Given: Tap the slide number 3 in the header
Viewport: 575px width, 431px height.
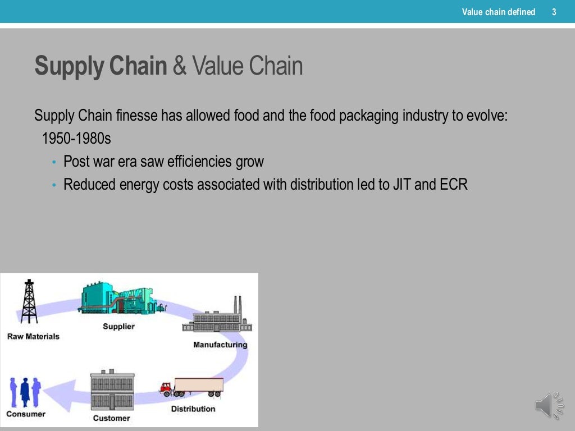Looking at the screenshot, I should [x=554, y=12].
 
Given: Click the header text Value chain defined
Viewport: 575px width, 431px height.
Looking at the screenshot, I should [x=498, y=12].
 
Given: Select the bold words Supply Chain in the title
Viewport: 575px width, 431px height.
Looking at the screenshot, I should [x=101, y=66].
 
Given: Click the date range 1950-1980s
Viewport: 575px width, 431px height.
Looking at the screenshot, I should [x=77, y=139].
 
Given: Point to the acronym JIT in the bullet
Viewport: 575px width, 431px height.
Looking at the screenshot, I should [x=402, y=184].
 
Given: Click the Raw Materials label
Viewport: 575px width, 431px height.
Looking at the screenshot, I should [x=33, y=337].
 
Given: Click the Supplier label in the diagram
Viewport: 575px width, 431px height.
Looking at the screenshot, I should [x=118, y=326].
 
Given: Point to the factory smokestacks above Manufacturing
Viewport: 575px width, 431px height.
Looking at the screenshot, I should [x=238, y=306].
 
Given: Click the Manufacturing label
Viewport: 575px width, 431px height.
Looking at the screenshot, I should [x=220, y=345].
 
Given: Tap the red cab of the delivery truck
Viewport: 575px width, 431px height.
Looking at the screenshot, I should [x=166, y=388].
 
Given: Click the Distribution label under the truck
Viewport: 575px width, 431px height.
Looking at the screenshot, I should [x=193, y=409].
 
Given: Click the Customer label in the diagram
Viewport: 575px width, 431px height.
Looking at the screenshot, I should [x=111, y=418].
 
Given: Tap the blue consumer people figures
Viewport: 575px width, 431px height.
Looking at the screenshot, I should [x=26, y=391].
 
